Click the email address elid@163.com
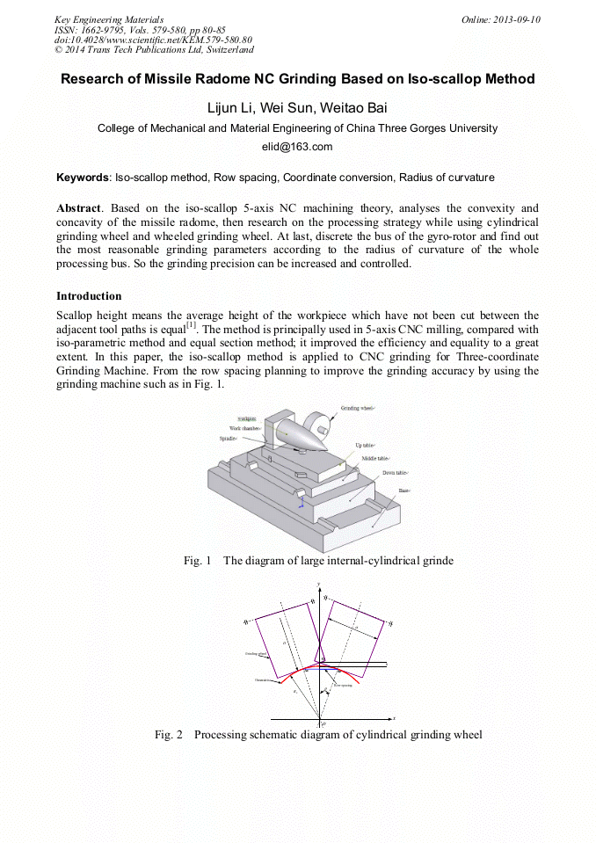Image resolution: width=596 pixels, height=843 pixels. [x=297, y=147]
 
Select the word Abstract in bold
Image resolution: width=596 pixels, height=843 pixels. [x=77, y=209]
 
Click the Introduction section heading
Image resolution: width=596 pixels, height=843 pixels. [x=89, y=296]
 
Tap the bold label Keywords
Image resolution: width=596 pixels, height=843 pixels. [x=82, y=178]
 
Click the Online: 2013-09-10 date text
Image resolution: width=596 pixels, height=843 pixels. [x=500, y=19]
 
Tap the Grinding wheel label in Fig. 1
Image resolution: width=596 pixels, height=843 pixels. [x=358, y=409]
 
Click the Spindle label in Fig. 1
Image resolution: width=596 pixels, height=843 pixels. [x=229, y=438]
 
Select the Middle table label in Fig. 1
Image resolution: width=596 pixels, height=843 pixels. [x=376, y=459]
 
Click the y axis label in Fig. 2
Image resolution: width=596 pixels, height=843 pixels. [x=317, y=585]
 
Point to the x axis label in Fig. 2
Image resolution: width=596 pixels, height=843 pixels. [x=393, y=718]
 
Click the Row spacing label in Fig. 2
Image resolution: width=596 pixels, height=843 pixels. [x=343, y=684]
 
